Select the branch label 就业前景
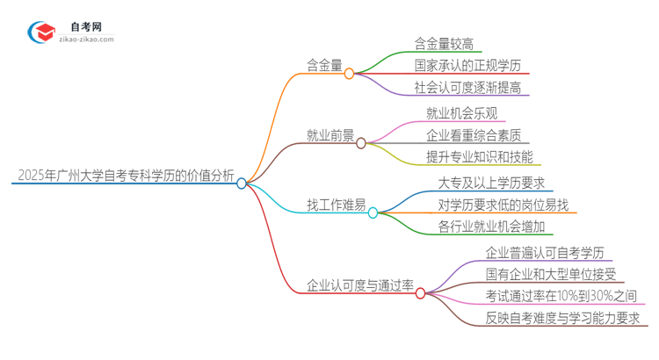330,135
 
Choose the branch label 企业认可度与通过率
359,285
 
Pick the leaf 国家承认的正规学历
467,65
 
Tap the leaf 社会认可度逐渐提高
467,88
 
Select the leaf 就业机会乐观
460,112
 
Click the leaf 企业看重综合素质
473,135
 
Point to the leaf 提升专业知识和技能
479,158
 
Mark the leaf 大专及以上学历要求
491,182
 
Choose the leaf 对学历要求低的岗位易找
503,205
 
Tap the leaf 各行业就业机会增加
491,227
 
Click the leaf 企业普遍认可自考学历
545,251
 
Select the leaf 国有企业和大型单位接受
551,274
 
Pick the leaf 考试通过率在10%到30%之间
561,296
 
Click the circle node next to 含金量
349,74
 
